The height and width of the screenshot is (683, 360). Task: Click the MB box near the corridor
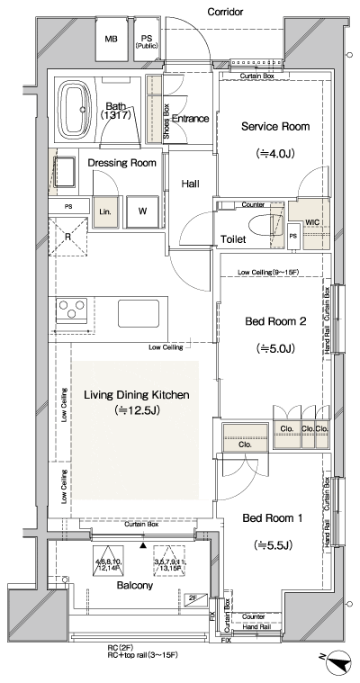tap(111, 40)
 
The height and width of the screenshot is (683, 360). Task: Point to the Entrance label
tap(190, 119)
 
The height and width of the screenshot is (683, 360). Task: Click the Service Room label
tap(274, 127)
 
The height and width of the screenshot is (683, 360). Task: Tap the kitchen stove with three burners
tap(68, 311)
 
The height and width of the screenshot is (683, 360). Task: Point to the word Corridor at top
tap(227, 12)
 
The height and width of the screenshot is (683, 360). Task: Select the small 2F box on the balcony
tap(193, 598)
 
